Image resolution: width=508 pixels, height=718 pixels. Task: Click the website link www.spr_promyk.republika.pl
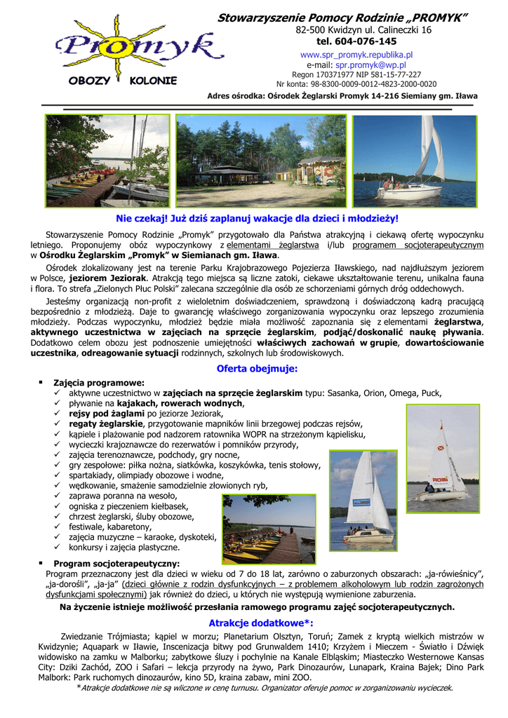tap(356, 54)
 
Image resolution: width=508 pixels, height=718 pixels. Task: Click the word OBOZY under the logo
tap(89, 81)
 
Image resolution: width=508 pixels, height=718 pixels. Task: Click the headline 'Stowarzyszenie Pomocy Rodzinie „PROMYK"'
tap(342, 17)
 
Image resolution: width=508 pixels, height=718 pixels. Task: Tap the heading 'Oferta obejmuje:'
tap(258, 369)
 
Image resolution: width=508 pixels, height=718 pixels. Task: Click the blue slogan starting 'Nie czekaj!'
tap(257, 219)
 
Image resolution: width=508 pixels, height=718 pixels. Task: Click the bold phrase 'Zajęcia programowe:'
tap(99, 383)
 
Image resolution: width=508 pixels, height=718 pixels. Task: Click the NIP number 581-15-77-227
tap(394, 74)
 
